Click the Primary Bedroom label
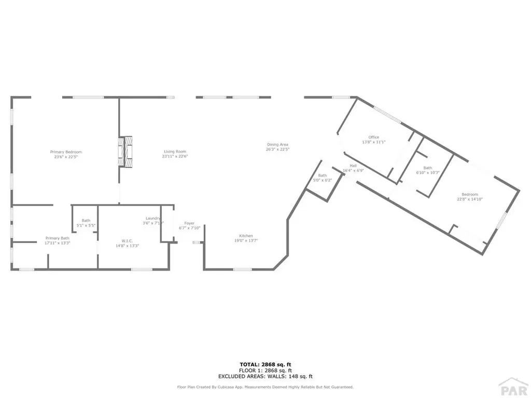click(x=66, y=152)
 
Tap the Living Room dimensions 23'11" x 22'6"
click(x=175, y=156)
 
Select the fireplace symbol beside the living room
click(x=124, y=151)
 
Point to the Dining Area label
click(x=277, y=145)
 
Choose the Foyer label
click(x=189, y=223)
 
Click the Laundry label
click(x=153, y=219)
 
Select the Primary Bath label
click(x=57, y=238)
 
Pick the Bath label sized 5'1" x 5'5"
click(x=86, y=221)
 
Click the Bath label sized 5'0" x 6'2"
click(x=323, y=176)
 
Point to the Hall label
click(x=353, y=166)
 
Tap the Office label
click(x=373, y=137)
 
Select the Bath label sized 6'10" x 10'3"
click(x=428, y=168)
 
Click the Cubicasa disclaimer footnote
click(x=265, y=387)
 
